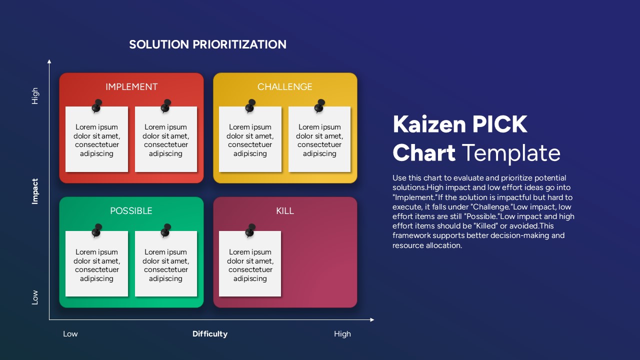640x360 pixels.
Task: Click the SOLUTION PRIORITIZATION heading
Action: coord(207,44)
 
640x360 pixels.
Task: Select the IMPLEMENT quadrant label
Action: coord(131,87)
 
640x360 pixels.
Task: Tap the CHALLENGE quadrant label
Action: coord(284,87)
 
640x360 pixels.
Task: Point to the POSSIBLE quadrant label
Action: coord(131,211)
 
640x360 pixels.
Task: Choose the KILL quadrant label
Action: coord(285,211)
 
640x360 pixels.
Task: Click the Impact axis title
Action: coord(35,191)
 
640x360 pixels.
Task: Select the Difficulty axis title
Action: coord(210,334)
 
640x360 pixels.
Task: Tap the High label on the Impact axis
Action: coord(35,96)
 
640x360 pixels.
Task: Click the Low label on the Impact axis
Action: coord(35,297)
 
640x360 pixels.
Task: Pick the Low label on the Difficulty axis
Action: coord(70,334)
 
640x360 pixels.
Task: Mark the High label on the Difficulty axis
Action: coord(342,334)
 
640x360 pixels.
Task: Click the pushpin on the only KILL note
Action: coord(250,230)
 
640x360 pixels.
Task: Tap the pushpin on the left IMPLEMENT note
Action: coord(97,105)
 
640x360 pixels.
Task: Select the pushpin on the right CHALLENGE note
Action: coord(319,105)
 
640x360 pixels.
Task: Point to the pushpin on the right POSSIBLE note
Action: coord(166,230)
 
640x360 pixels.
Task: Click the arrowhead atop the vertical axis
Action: coord(49,61)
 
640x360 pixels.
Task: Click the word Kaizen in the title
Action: coord(423,124)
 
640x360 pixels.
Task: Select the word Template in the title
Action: coord(510,153)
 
